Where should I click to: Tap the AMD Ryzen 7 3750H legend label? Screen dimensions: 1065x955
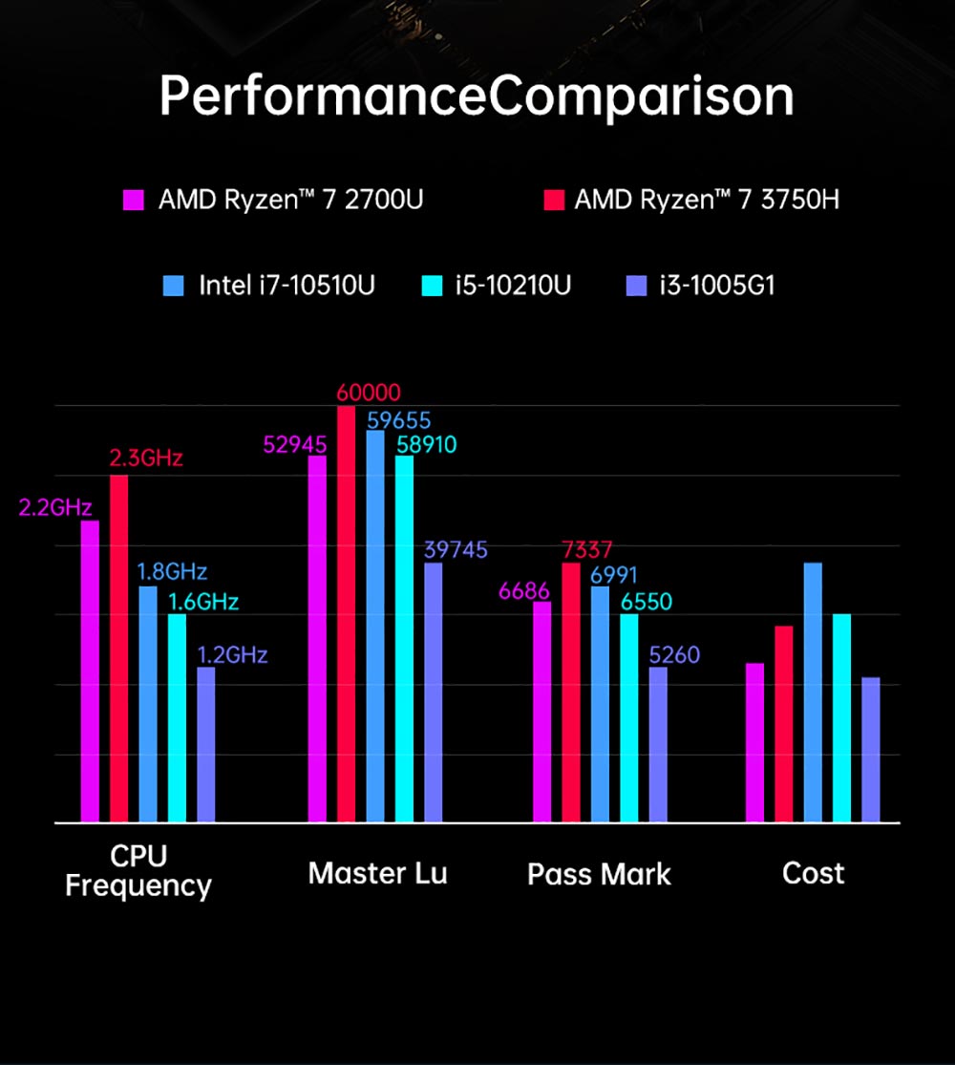tap(707, 201)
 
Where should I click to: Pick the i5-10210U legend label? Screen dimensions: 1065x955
tap(512, 286)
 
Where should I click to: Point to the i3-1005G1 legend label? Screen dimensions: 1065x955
tap(716, 286)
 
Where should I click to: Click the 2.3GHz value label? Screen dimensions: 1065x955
tap(146, 458)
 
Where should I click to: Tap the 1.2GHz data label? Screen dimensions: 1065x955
tap(232, 655)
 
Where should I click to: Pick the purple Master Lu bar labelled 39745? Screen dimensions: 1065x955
tap(434, 692)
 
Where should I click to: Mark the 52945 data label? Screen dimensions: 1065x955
tap(295, 444)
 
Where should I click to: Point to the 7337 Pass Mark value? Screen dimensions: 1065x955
tap(587, 550)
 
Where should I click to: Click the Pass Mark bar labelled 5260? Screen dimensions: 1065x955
tap(658, 744)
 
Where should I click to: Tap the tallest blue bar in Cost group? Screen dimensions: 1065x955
tap(813, 692)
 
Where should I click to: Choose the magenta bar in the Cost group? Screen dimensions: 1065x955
tap(754, 742)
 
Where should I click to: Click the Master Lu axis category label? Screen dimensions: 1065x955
tap(377, 874)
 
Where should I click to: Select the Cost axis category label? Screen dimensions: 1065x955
tap(813, 874)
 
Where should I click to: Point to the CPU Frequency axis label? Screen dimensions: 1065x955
tap(138, 870)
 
